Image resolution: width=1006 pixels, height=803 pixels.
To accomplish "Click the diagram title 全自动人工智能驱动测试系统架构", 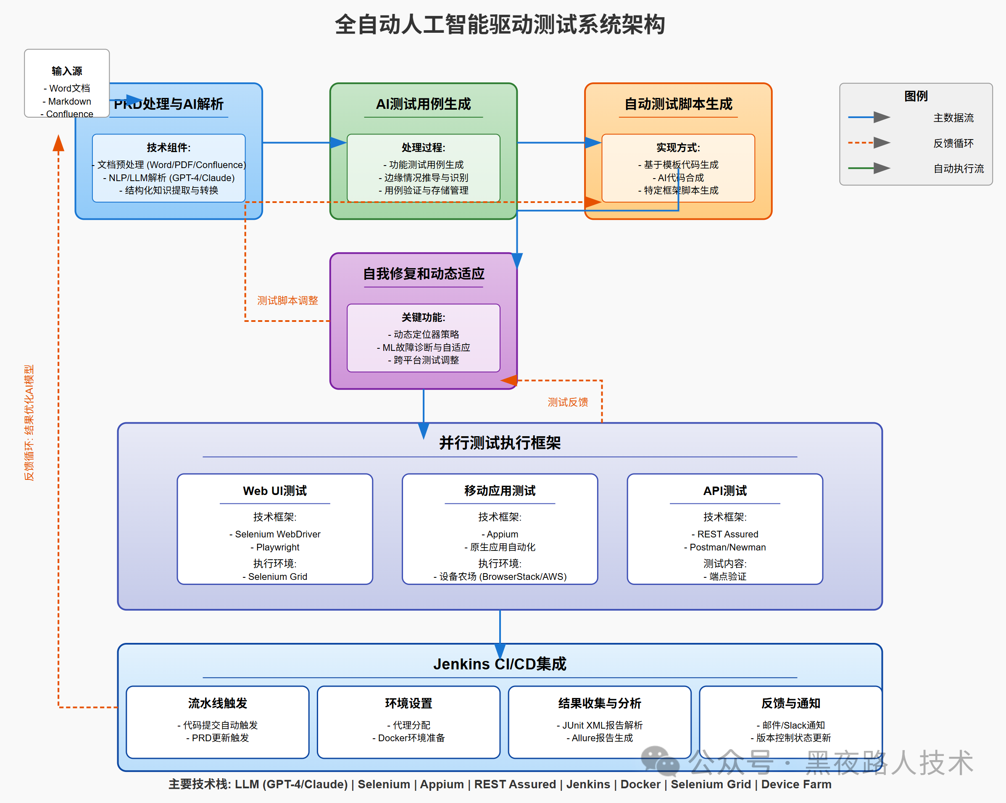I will coord(500,25).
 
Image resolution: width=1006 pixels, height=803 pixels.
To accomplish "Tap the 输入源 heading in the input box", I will coord(67,71).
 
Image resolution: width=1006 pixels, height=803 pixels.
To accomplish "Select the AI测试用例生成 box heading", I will coord(423,104).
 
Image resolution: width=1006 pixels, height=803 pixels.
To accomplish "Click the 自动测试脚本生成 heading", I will coord(678,104).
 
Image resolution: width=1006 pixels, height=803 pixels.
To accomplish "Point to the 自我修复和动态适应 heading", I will coord(423,274).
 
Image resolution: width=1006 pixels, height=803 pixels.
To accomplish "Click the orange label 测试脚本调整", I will coord(287,300).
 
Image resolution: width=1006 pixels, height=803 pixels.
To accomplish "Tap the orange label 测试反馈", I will coord(567,402).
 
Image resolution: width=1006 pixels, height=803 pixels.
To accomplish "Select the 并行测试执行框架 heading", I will coord(500,443).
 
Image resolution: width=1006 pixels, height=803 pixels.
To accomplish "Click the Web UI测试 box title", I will coord(275,491).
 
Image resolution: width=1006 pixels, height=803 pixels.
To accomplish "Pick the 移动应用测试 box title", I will coord(500,491).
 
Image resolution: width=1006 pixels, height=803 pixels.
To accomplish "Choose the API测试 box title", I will coord(724,491).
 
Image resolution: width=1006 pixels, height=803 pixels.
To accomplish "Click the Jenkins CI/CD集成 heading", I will coord(500,664).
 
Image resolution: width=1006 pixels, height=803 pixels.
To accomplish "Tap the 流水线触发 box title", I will coord(217,703).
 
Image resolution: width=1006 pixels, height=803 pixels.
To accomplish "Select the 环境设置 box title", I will coord(408,703).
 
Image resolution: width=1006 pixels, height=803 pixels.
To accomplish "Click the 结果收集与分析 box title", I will coord(600,703).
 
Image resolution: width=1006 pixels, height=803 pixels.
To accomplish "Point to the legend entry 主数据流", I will coord(953,118).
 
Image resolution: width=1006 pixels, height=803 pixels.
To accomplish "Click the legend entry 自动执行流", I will coord(959,168).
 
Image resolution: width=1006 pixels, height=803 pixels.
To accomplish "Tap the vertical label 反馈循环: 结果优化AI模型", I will coord(29,422).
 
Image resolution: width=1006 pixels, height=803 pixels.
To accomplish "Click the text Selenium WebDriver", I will coord(278,534).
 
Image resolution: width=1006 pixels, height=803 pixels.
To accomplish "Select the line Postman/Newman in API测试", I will coord(727,548).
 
